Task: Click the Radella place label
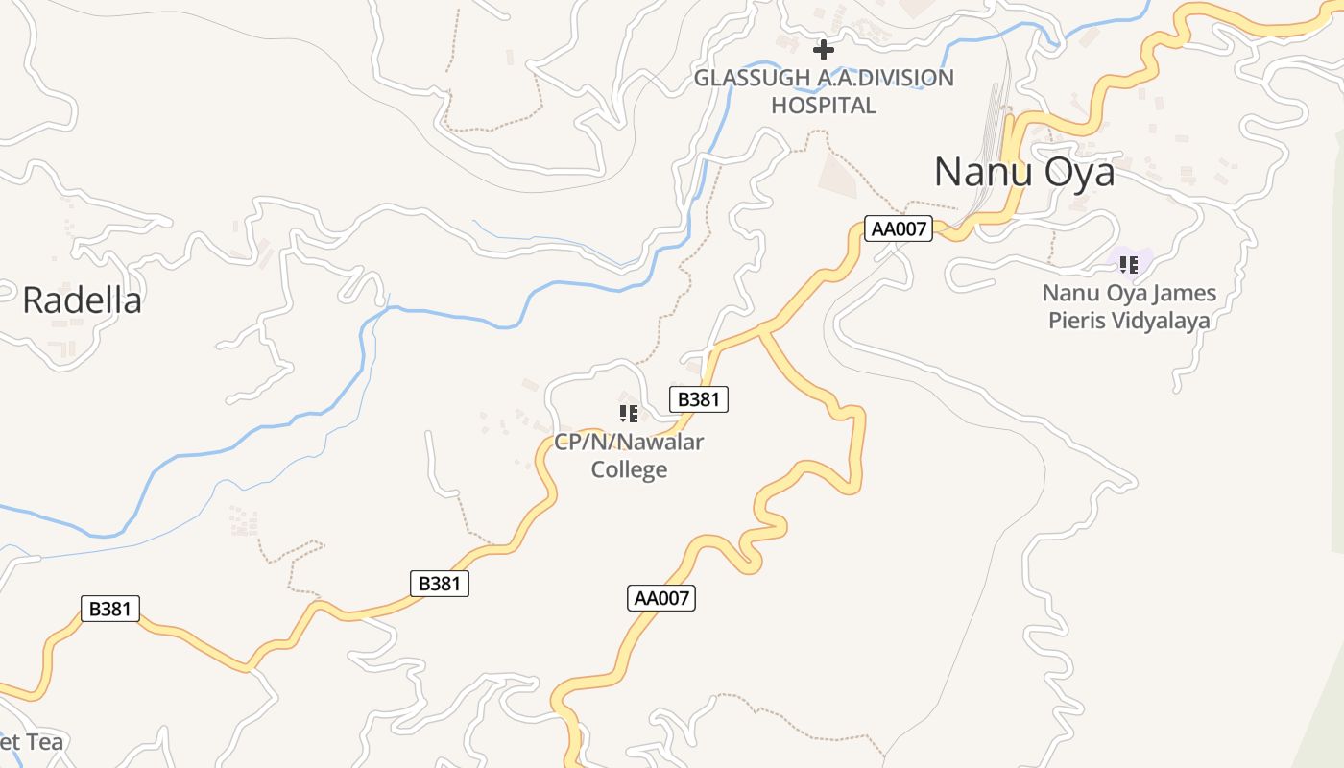[82, 300]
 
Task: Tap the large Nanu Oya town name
[1024, 173]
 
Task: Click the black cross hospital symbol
[824, 50]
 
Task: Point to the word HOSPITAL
[824, 106]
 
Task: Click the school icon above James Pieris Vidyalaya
[1129, 263]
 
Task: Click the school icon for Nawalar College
[629, 414]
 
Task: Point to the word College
[629, 469]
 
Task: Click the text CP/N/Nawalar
[629, 443]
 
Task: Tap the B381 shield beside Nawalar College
[698, 399]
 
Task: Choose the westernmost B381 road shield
[110, 608]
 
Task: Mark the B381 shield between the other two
[440, 583]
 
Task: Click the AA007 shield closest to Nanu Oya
[899, 228]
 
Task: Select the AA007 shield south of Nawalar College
[661, 598]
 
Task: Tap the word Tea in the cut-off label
[45, 742]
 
